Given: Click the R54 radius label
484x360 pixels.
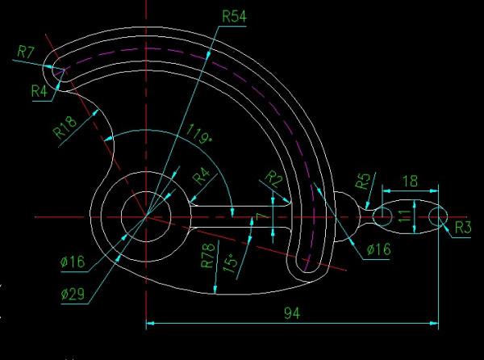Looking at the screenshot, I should click(x=236, y=15).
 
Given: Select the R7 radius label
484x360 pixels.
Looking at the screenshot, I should click(x=26, y=52).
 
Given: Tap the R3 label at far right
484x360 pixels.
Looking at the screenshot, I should click(x=462, y=228).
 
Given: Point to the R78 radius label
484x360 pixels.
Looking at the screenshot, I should click(x=207, y=256).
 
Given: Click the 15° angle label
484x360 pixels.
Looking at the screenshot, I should click(x=232, y=263).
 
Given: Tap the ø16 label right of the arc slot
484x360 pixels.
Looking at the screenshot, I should click(x=378, y=250).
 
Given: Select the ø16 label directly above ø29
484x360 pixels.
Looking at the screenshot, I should click(x=73, y=262).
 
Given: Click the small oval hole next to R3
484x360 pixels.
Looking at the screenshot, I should click(x=440, y=216).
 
